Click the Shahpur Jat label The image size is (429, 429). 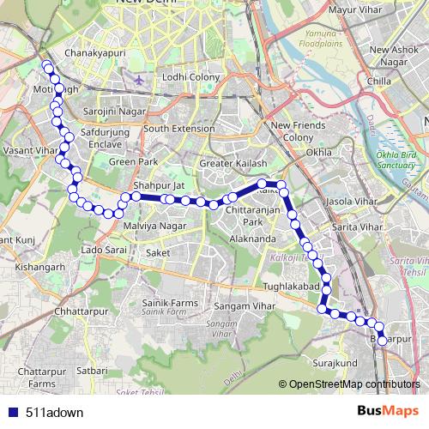point(159,184)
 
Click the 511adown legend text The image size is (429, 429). point(55,413)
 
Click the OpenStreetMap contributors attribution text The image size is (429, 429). point(353,384)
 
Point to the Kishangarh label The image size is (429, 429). point(40,267)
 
